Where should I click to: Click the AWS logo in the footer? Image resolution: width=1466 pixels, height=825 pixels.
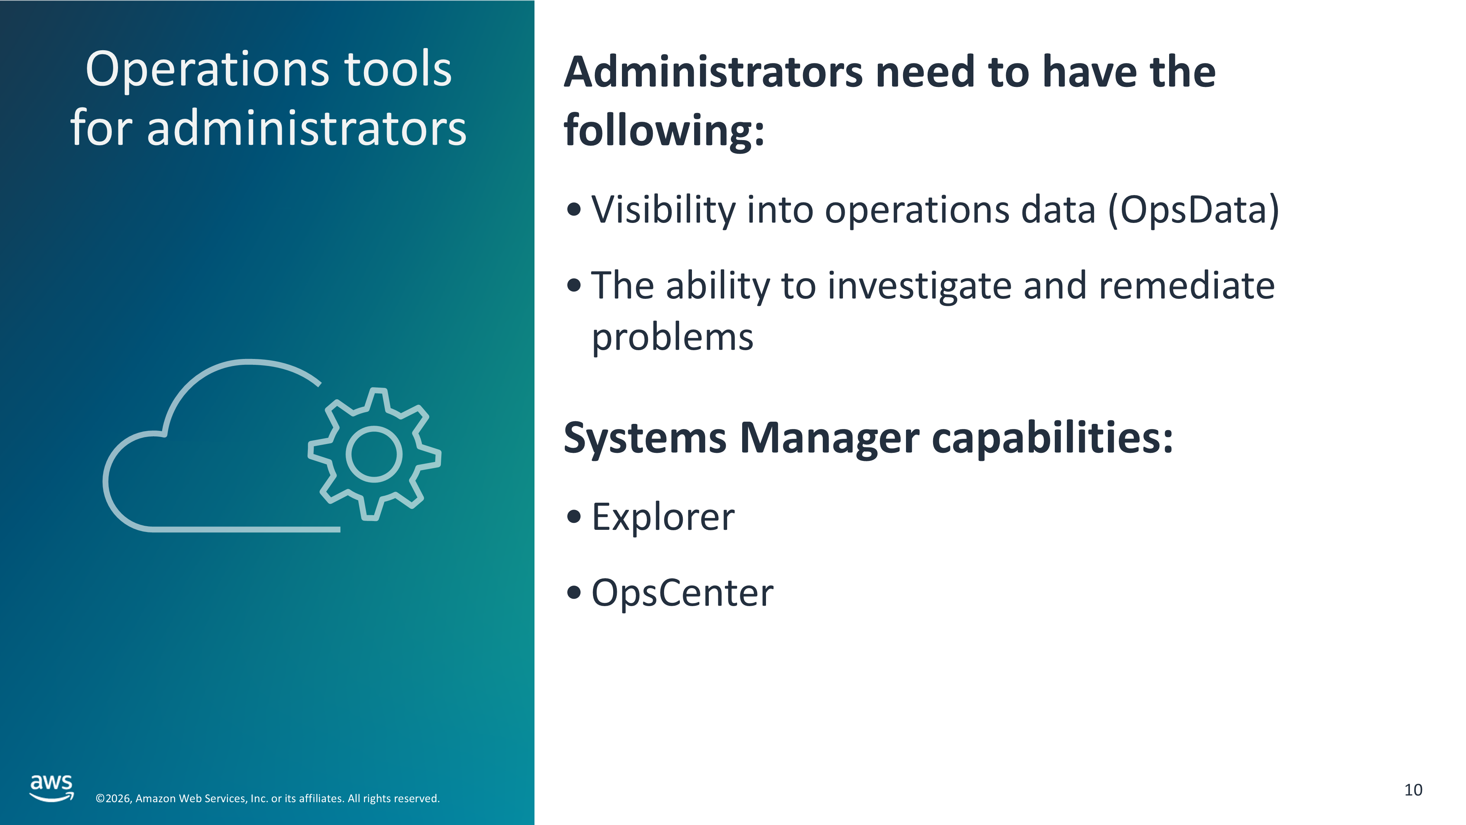point(52,788)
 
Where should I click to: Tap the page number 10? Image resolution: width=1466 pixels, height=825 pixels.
point(1413,790)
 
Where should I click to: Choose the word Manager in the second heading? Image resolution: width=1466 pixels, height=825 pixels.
point(829,439)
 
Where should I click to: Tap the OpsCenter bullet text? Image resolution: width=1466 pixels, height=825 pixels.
point(682,593)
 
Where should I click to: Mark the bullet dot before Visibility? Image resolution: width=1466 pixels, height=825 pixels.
point(574,209)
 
